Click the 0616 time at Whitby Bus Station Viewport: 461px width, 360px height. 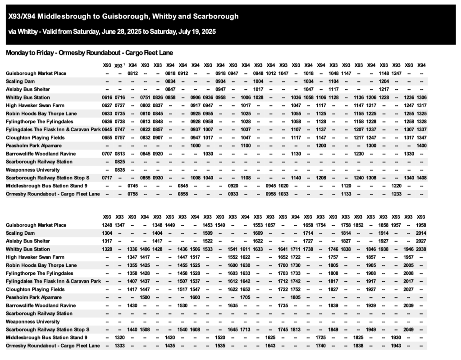pyautogui.click(x=107, y=97)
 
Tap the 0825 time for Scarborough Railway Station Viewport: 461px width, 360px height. pyautogui.click(x=120, y=162)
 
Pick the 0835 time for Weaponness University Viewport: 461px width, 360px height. pyautogui.click(x=120, y=170)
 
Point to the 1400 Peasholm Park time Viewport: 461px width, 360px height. pyautogui.click(x=421, y=146)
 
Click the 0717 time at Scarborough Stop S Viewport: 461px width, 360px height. pyautogui.click(x=107, y=178)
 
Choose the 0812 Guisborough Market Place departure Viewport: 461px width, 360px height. pyautogui.click(x=132, y=73)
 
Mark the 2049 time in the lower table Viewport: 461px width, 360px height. pyautogui.click(x=409, y=329)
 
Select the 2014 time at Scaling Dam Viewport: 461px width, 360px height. pyautogui.click(x=421, y=233)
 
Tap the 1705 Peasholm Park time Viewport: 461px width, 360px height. pyautogui.click(x=246, y=297)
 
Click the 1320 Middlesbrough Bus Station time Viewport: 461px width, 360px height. pyautogui.click(x=120, y=337)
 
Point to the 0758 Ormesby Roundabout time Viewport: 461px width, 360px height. pyautogui.click(x=132, y=194)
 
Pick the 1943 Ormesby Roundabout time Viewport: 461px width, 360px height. pyautogui.click(x=396, y=346)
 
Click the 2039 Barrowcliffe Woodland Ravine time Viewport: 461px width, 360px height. pyautogui.click(x=409, y=305)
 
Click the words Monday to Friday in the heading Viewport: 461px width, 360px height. pyautogui.click(x=26, y=53)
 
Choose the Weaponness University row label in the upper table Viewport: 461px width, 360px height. pyautogui.click(x=32, y=170)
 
